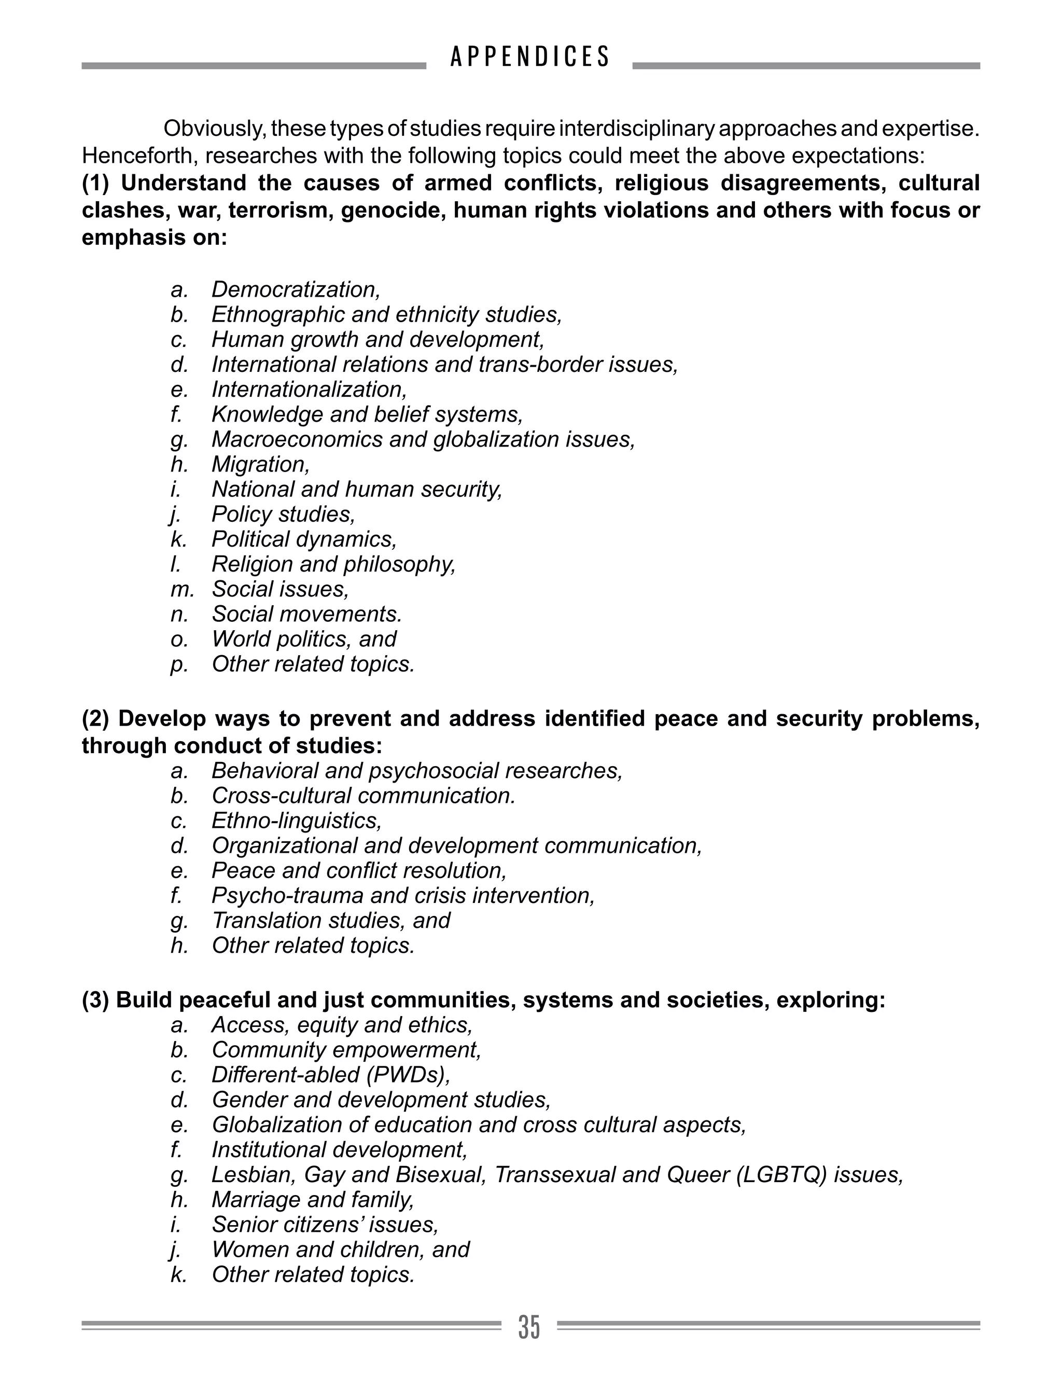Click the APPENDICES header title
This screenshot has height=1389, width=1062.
coord(530,57)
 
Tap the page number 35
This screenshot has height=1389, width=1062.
coord(529,1327)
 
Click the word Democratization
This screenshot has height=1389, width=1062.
coord(295,289)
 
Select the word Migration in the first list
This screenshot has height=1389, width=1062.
coord(260,465)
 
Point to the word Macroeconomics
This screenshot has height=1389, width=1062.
coord(297,439)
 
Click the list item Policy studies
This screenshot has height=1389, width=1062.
coord(283,515)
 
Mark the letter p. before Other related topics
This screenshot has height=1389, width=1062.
coord(178,665)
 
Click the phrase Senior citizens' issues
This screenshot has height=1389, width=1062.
coord(324,1225)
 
